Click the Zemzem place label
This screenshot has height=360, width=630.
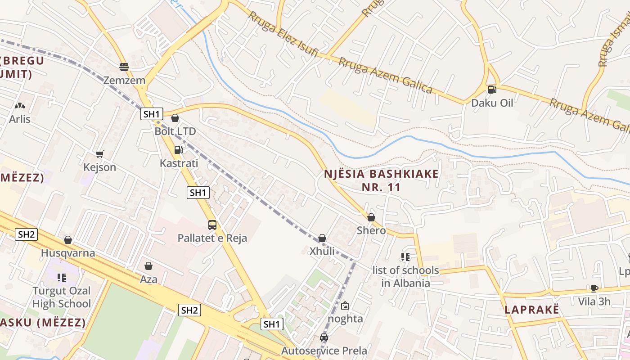pos(124,81)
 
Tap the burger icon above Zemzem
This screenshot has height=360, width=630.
pos(124,67)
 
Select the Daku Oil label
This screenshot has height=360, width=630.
pos(492,103)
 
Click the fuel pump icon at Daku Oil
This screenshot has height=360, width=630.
pos(492,89)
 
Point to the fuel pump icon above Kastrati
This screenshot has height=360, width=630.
pos(179,149)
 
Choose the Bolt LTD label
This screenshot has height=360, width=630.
pos(175,131)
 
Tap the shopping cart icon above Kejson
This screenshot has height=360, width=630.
pos(100,154)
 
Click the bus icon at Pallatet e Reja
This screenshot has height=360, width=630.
pos(212,225)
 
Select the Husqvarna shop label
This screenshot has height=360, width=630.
pos(68,253)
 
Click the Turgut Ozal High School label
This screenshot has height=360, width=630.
pos(62,297)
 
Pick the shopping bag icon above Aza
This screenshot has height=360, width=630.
pos(148,266)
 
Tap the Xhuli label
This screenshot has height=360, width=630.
pos(322,251)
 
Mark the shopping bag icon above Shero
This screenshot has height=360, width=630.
pos(371,217)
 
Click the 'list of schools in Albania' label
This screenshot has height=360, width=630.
pos(405,277)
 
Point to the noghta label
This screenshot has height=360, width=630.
pos(345,319)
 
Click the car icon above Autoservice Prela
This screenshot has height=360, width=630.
pos(324,337)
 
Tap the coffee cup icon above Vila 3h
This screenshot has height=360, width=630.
pos(594,288)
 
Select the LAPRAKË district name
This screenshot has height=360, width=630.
pos(531,310)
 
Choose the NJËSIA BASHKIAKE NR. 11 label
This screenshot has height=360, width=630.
pos(381,180)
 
